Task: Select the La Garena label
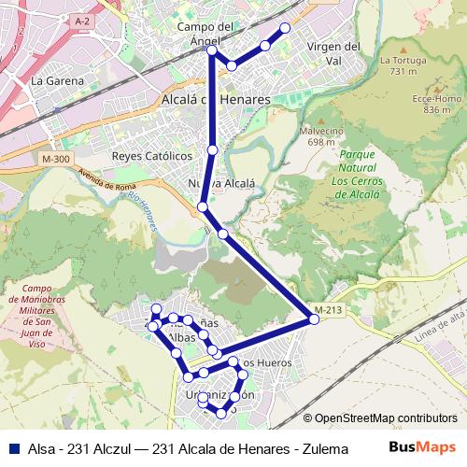point(57,80)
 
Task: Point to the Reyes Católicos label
point(150,155)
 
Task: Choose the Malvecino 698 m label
point(321,136)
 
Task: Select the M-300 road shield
point(55,160)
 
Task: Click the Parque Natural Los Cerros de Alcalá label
point(355,174)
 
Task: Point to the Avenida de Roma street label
point(107,180)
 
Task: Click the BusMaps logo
point(422,447)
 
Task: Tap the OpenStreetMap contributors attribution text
point(380,419)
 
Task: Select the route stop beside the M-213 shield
point(314,319)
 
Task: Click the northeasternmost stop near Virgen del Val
point(285,28)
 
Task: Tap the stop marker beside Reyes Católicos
point(213,149)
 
